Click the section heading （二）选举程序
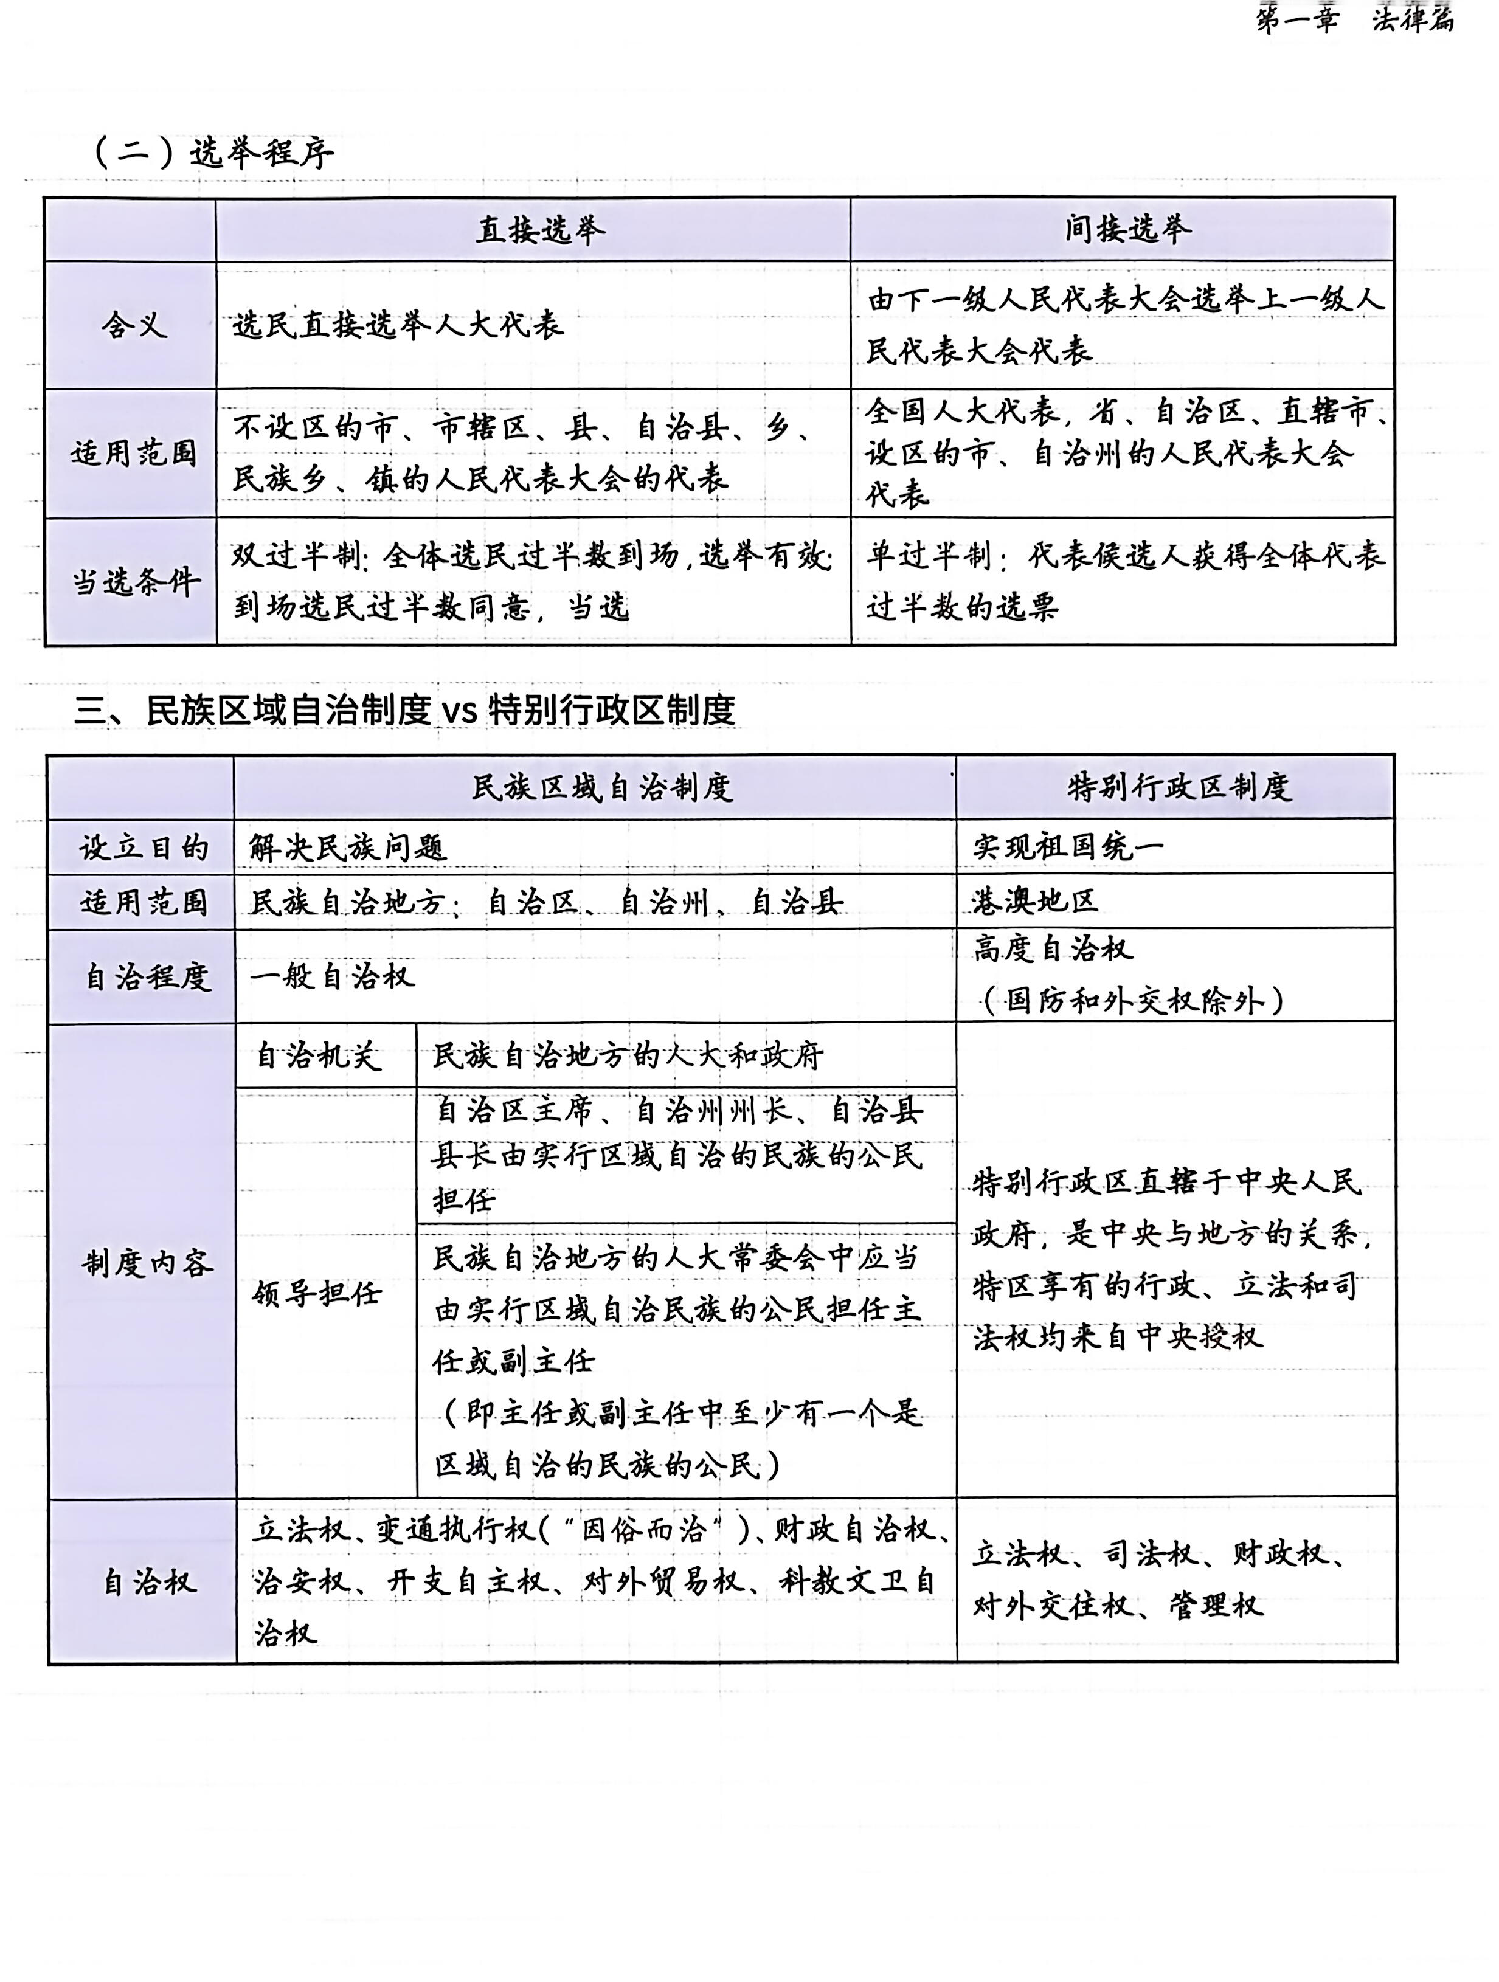pyautogui.click(x=213, y=153)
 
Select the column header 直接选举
pyautogui.click(x=539, y=231)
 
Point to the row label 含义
pyautogui.click(x=134, y=325)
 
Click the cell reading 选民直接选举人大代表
pyautogui.click(x=399, y=325)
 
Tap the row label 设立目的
pyautogui.click(x=144, y=848)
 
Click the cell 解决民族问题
pyautogui.click(x=348, y=848)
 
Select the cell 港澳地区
pyautogui.click(x=1035, y=900)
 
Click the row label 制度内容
pyautogui.click(x=148, y=1263)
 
